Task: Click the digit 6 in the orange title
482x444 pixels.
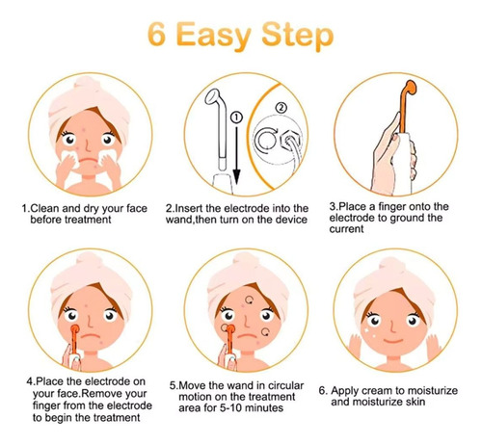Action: coord(157,34)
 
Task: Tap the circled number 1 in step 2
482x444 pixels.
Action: coord(236,118)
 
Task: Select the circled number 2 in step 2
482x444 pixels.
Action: coord(281,108)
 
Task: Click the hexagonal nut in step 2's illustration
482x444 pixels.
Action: coord(291,141)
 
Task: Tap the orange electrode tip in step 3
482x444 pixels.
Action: coord(411,88)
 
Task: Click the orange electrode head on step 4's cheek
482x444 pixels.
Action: coord(75,329)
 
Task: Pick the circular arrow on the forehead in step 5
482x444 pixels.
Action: coord(250,300)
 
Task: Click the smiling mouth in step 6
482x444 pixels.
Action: coord(393,340)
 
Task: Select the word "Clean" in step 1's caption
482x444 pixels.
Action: coord(44,208)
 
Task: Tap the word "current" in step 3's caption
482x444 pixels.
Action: coord(346,229)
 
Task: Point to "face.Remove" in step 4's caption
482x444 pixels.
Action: coord(91,394)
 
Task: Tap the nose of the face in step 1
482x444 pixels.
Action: coord(89,146)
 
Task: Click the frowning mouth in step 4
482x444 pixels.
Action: coord(91,336)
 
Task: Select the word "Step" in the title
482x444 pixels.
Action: coord(298,36)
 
